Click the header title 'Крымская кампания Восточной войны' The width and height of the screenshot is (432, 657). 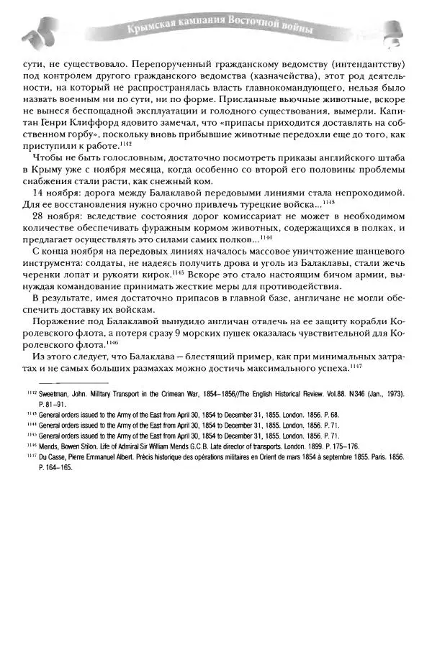pyautogui.click(x=220, y=30)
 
